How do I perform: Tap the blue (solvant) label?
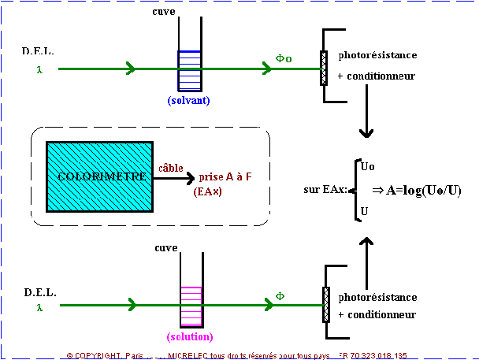coord(189,101)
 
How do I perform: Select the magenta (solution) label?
coord(189,336)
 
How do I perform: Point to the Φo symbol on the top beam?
coord(283,58)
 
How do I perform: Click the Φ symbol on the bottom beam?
coord(280,296)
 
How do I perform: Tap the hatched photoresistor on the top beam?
coord(323,69)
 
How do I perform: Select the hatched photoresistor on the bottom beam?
coord(325,305)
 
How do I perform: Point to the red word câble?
coord(171,167)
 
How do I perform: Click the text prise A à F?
coord(226,176)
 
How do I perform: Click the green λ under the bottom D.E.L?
coord(38,307)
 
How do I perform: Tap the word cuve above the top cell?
coord(187,12)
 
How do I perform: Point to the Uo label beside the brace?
coord(367,166)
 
